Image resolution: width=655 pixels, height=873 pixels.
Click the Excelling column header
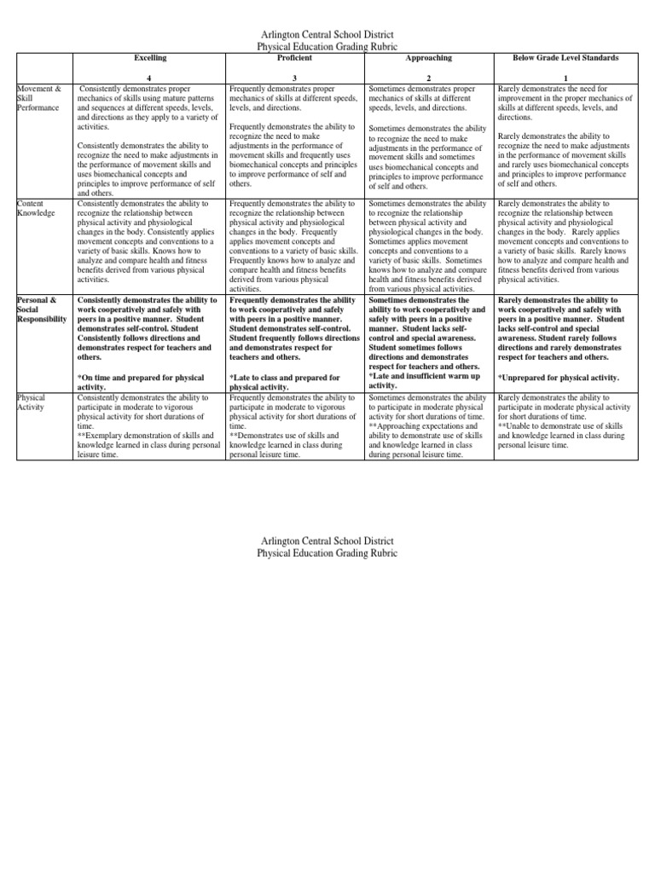150,57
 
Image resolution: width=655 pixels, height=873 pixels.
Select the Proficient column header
295,57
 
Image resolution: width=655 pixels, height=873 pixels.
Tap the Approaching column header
430,57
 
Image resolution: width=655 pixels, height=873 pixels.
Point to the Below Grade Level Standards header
565,57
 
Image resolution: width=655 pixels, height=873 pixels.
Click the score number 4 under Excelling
150,78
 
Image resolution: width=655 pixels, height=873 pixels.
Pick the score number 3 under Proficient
295,78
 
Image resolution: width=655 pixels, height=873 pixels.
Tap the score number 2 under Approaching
430,78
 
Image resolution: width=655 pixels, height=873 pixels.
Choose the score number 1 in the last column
565,78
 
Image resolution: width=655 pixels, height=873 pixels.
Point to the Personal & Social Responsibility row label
41,309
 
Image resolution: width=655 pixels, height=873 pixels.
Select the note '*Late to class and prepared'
285,382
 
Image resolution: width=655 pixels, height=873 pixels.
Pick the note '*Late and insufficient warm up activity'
424,380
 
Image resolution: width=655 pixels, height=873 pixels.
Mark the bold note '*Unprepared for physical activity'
558,377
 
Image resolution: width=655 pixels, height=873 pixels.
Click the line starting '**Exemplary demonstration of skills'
145,436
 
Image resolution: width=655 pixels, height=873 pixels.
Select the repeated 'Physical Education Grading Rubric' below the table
327,553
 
